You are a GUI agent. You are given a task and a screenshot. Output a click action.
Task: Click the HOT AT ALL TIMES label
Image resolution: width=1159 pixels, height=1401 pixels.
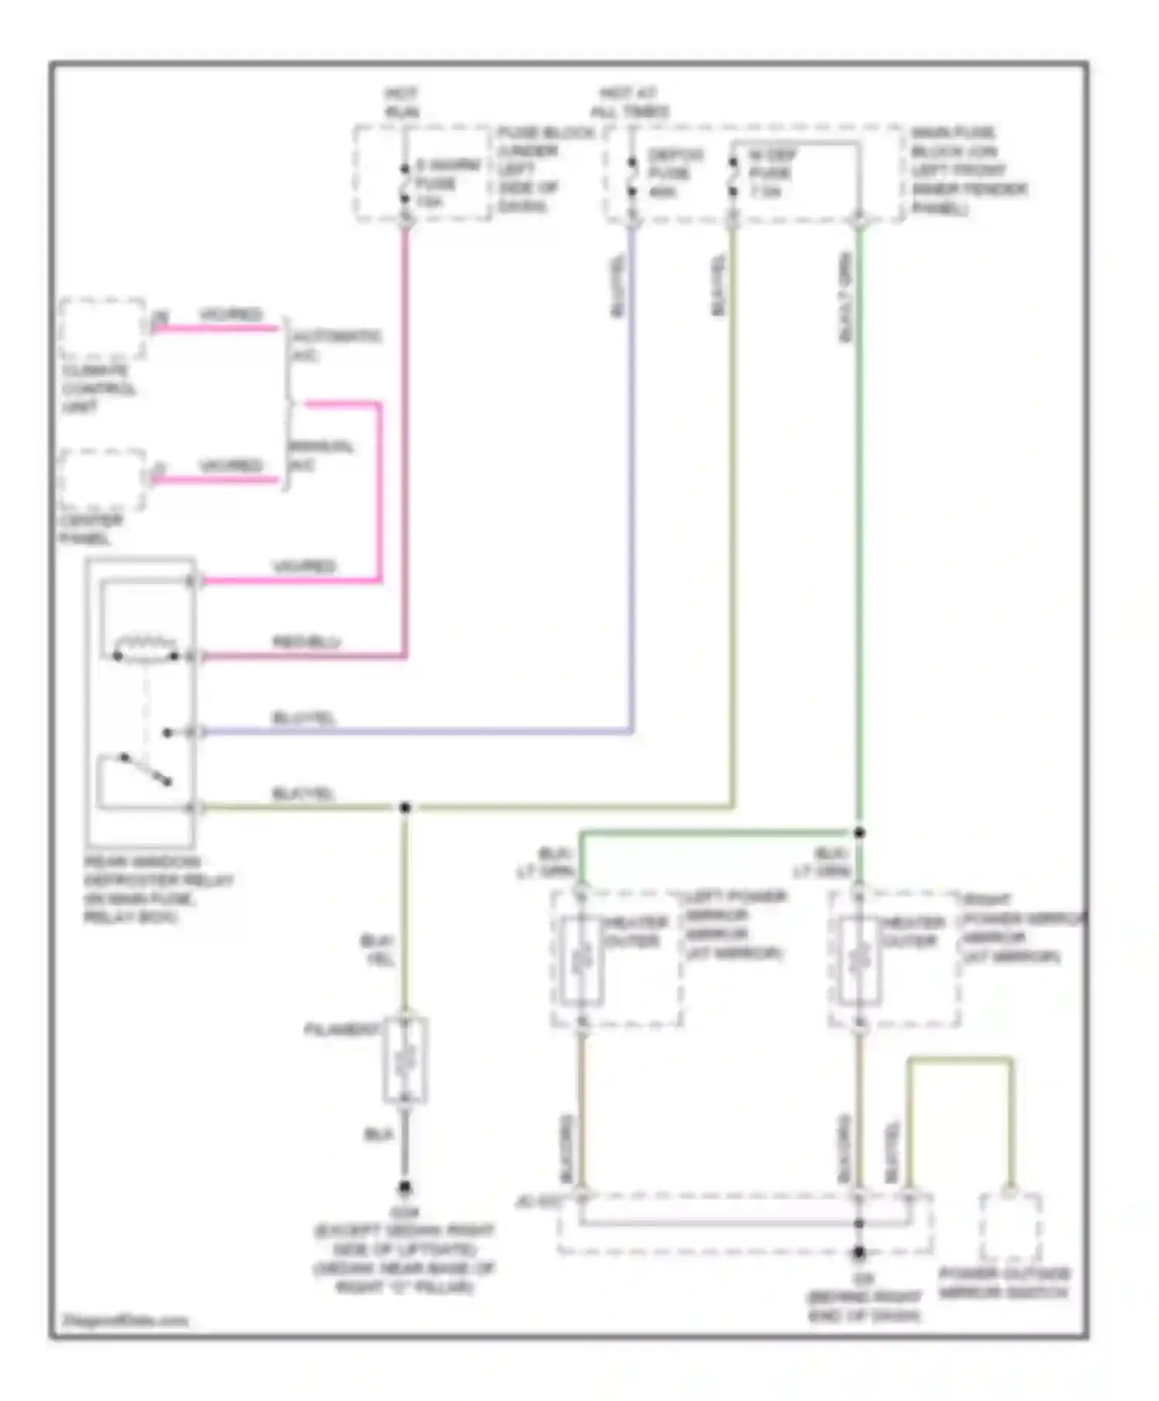(x=630, y=103)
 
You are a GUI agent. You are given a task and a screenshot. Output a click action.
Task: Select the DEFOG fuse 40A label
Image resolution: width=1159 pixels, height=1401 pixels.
(x=675, y=173)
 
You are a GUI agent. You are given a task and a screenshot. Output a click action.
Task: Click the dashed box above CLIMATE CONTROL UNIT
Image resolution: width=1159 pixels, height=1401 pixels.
(x=103, y=328)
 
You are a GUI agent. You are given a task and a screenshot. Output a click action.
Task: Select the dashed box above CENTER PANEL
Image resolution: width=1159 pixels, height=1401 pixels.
(x=103, y=480)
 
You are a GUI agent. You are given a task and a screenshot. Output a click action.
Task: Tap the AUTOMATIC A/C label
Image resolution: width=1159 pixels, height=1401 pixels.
(x=335, y=345)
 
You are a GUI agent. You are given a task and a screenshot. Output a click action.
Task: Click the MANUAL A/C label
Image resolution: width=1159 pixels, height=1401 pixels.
(x=321, y=456)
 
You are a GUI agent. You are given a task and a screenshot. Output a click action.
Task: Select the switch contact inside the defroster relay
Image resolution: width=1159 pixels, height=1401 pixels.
(x=147, y=770)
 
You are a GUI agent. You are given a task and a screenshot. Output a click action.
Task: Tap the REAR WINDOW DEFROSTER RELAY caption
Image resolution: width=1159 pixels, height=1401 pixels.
(x=158, y=889)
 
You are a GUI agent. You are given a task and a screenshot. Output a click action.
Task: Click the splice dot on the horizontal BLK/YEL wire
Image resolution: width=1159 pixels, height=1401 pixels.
(x=405, y=808)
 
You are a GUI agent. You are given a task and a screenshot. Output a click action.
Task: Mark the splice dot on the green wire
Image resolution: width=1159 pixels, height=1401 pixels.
(x=858, y=833)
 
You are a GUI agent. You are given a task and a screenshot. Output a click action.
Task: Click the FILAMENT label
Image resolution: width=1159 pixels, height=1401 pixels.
(x=342, y=1030)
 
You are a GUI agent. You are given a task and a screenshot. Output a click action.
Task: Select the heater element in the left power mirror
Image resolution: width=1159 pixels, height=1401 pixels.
(x=582, y=960)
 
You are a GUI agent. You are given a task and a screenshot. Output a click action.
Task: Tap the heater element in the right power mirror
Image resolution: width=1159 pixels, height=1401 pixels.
(x=858, y=960)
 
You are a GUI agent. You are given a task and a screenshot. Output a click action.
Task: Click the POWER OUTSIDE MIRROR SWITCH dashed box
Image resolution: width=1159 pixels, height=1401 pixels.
(x=1010, y=1227)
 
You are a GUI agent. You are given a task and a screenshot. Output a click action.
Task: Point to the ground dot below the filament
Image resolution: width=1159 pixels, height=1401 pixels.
(x=404, y=1187)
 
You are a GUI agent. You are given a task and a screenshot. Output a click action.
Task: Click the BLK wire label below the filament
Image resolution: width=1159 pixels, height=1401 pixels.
(x=379, y=1135)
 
